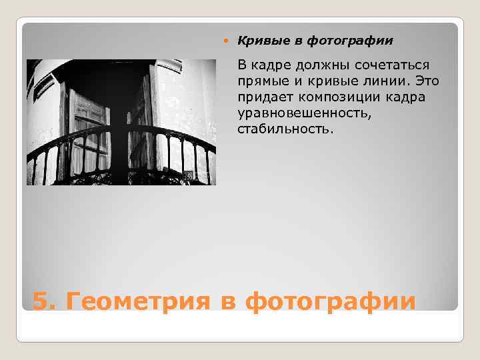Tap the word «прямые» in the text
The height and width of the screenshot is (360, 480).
coord(259,81)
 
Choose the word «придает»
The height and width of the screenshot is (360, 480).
coord(261,97)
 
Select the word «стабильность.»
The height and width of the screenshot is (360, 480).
coord(283,128)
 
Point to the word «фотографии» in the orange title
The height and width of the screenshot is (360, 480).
coord(330,301)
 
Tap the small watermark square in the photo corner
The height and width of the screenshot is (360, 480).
coord(188,175)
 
